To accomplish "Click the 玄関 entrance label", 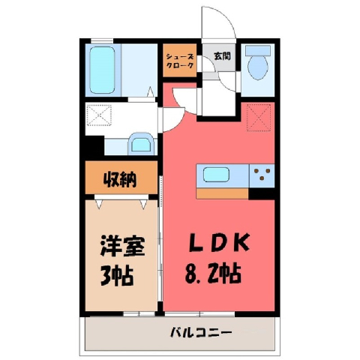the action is coord(222,56).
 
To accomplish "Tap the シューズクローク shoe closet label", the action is coord(180,61).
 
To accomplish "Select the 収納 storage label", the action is coord(120,179).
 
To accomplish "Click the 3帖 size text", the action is coord(116,276).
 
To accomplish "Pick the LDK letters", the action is coord(219,242).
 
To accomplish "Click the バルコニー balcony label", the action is coord(201,333).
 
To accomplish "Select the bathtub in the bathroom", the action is coord(102,70).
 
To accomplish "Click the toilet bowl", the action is coord(258,67).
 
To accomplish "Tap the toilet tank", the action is coord(258,50).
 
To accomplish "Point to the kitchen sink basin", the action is coord(216,175).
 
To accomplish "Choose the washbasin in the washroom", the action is coord(141,144).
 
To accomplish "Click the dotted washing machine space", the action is coord(99,115).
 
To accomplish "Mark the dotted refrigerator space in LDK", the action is coord(259,118).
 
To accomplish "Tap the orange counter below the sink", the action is coord(222,193).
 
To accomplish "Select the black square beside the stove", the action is coord(262,193).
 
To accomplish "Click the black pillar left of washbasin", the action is coord(94,146).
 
